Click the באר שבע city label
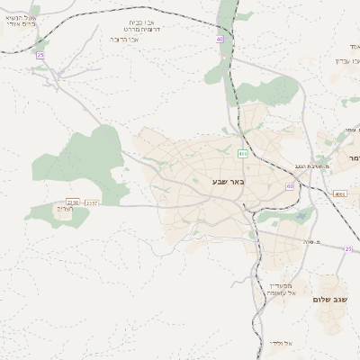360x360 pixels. tap(229, 182)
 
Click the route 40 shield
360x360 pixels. tap(219, 40)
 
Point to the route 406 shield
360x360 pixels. tap(243, 154)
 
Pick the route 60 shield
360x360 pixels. tap(290, 186)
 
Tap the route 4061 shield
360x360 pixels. tap(339, 194)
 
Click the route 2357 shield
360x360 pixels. tap(92, 203)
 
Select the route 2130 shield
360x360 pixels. tap(73, 202)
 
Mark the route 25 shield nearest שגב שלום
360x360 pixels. tap(348, 249)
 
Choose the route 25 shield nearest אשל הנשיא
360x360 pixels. tap(40, 56)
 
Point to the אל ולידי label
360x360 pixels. tap(279, 343)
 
